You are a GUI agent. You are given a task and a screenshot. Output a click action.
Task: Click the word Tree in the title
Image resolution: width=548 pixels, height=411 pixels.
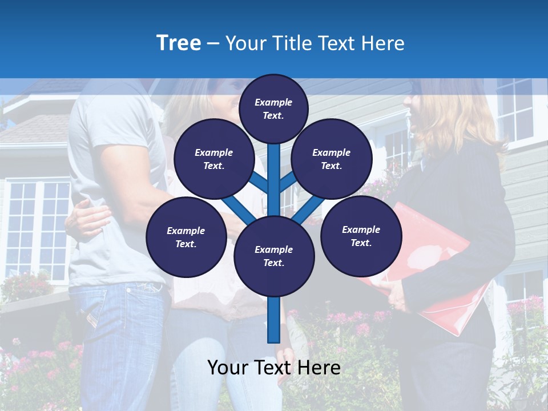pos(179,43)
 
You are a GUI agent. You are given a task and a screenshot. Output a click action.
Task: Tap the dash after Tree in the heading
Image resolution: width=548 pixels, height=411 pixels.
pos(213,44)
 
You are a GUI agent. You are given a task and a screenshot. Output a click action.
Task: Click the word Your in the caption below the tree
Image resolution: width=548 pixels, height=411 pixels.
pos(228,368)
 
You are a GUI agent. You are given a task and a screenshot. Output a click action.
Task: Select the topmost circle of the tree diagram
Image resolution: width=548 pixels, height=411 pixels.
pos(273,108)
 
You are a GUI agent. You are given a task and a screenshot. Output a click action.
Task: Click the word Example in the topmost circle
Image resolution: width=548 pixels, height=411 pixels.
pos(273,103)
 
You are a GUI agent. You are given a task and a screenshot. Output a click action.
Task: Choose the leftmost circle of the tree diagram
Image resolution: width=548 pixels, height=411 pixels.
pos(186,237)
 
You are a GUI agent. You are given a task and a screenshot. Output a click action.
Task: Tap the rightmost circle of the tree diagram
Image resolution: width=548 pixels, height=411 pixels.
pos(361,236)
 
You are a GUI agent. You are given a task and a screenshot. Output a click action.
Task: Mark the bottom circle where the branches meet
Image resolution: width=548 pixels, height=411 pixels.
pos(274,256)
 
